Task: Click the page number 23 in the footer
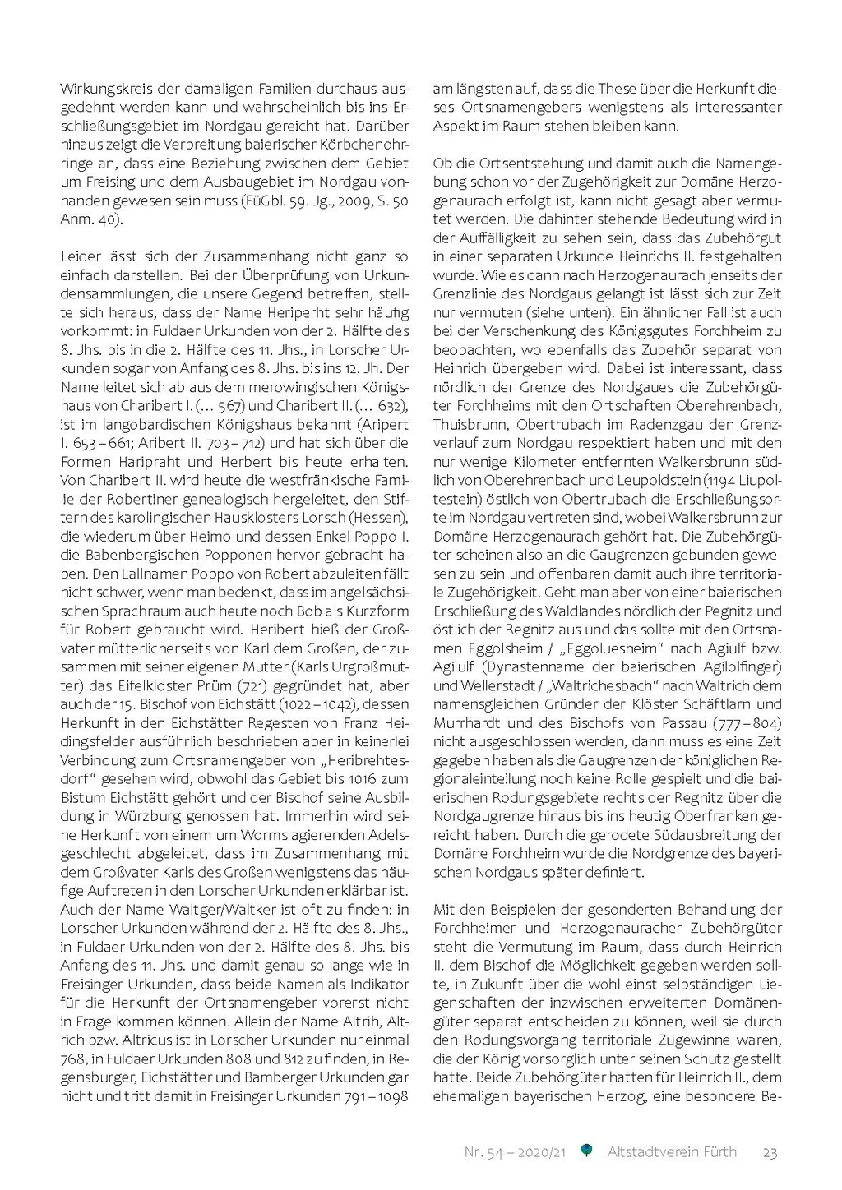pyautogui.click(x=770, y=1152)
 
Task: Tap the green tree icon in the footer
pyautogui.click(x=586, y=1151)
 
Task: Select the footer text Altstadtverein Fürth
pyautogui.click(x=672, y=1152)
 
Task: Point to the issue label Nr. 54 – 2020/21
pyautogui.click(x=515, y=1152)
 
